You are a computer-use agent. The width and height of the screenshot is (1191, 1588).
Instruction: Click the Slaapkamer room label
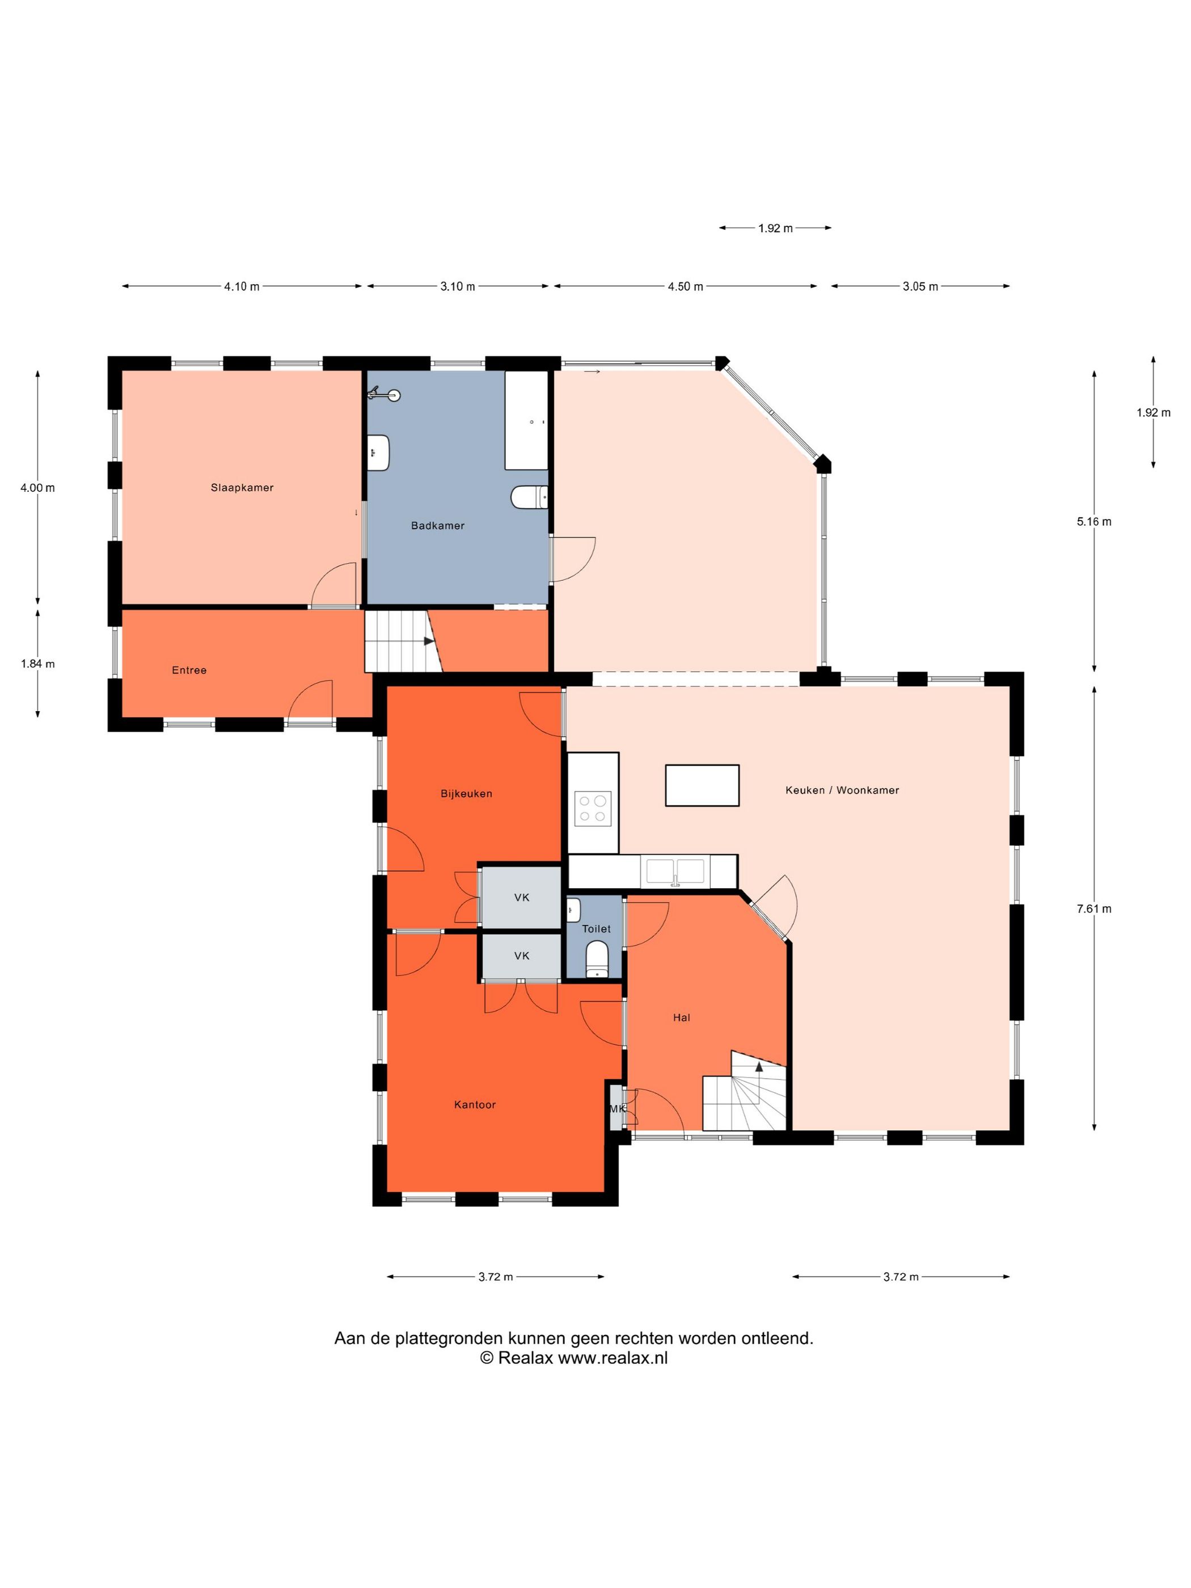tap(242, 487)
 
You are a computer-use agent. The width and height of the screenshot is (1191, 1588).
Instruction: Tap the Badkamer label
tap(437, 526)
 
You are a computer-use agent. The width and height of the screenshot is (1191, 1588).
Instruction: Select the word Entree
tap(189, 670)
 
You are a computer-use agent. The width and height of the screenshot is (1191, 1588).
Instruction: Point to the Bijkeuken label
tap(466, 794)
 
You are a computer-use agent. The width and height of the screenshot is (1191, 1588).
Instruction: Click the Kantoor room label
tap(475, 1105)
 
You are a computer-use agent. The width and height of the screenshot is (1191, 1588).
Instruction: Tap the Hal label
tap(681, 1017)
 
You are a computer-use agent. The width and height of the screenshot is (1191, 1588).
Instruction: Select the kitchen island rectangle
tap(702, 786)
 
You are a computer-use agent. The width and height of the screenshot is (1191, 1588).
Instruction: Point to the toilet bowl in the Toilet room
tap(597, 959)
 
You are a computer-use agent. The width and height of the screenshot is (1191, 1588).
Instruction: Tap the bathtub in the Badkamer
tap(526, 420)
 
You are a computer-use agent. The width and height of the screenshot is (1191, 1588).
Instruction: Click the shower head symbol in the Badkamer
tap(385, 394)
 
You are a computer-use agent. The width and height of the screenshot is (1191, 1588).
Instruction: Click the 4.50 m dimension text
tap(685, 286)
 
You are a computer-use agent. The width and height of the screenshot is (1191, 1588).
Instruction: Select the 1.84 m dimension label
tap(37, 664)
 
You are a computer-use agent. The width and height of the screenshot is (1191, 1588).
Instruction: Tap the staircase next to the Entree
tap(403, 641)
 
